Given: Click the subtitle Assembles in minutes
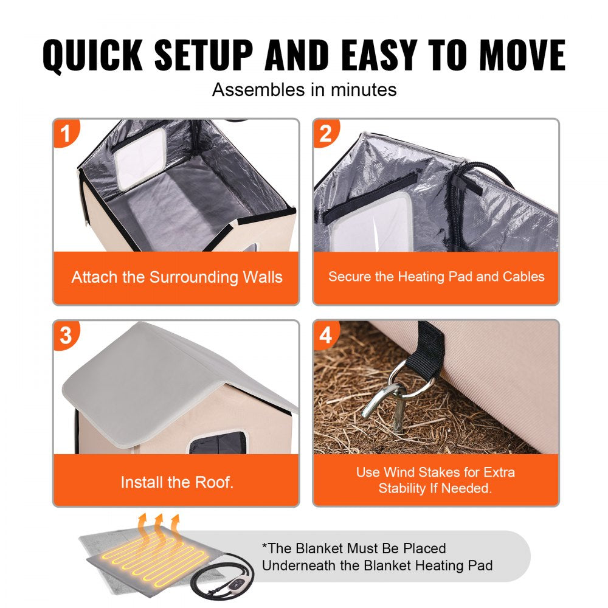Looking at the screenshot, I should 304,90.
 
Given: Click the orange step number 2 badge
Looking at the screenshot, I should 326,133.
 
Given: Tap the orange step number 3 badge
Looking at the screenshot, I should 65,335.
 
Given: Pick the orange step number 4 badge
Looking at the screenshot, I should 326,335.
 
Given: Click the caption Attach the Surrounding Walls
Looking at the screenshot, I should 176,277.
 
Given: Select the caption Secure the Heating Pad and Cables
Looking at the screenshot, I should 436,277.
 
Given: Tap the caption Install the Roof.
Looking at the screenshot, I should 176,483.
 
